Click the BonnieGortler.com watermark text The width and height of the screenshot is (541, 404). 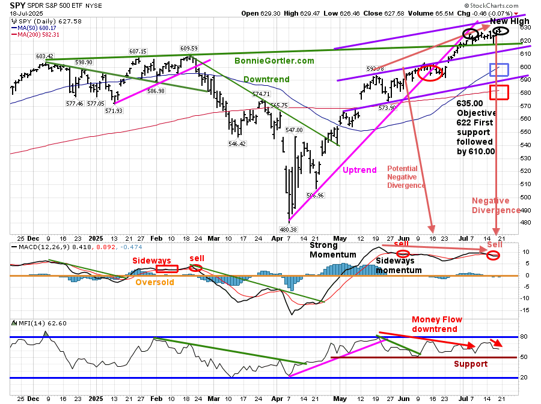274,61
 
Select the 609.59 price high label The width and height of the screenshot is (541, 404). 189,49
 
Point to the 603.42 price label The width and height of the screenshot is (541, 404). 44,56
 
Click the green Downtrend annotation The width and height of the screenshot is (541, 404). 266,79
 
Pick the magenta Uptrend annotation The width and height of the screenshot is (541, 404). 359,170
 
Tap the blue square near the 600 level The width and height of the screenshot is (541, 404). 499,69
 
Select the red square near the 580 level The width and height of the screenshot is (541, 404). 499,92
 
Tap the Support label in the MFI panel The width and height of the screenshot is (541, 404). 470,364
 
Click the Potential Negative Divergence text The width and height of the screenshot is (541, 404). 406,177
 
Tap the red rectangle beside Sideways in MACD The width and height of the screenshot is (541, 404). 167,269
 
